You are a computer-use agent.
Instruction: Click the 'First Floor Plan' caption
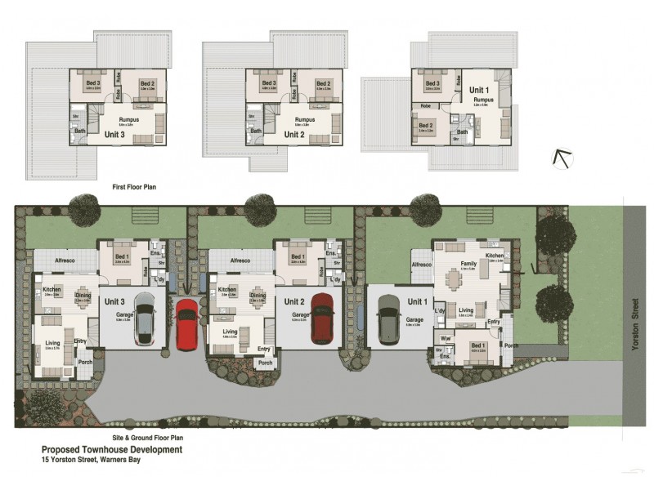[134, 187]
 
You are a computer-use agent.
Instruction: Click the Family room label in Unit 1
[468, 264]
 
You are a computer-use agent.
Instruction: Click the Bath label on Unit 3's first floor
[80, 130]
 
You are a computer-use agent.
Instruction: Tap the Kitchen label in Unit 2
[227, 290]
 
